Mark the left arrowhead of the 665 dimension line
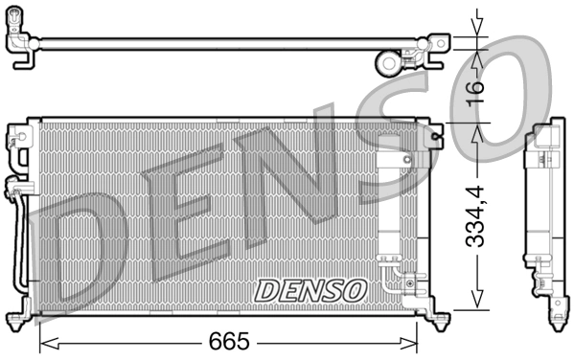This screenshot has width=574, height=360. (43, 342)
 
